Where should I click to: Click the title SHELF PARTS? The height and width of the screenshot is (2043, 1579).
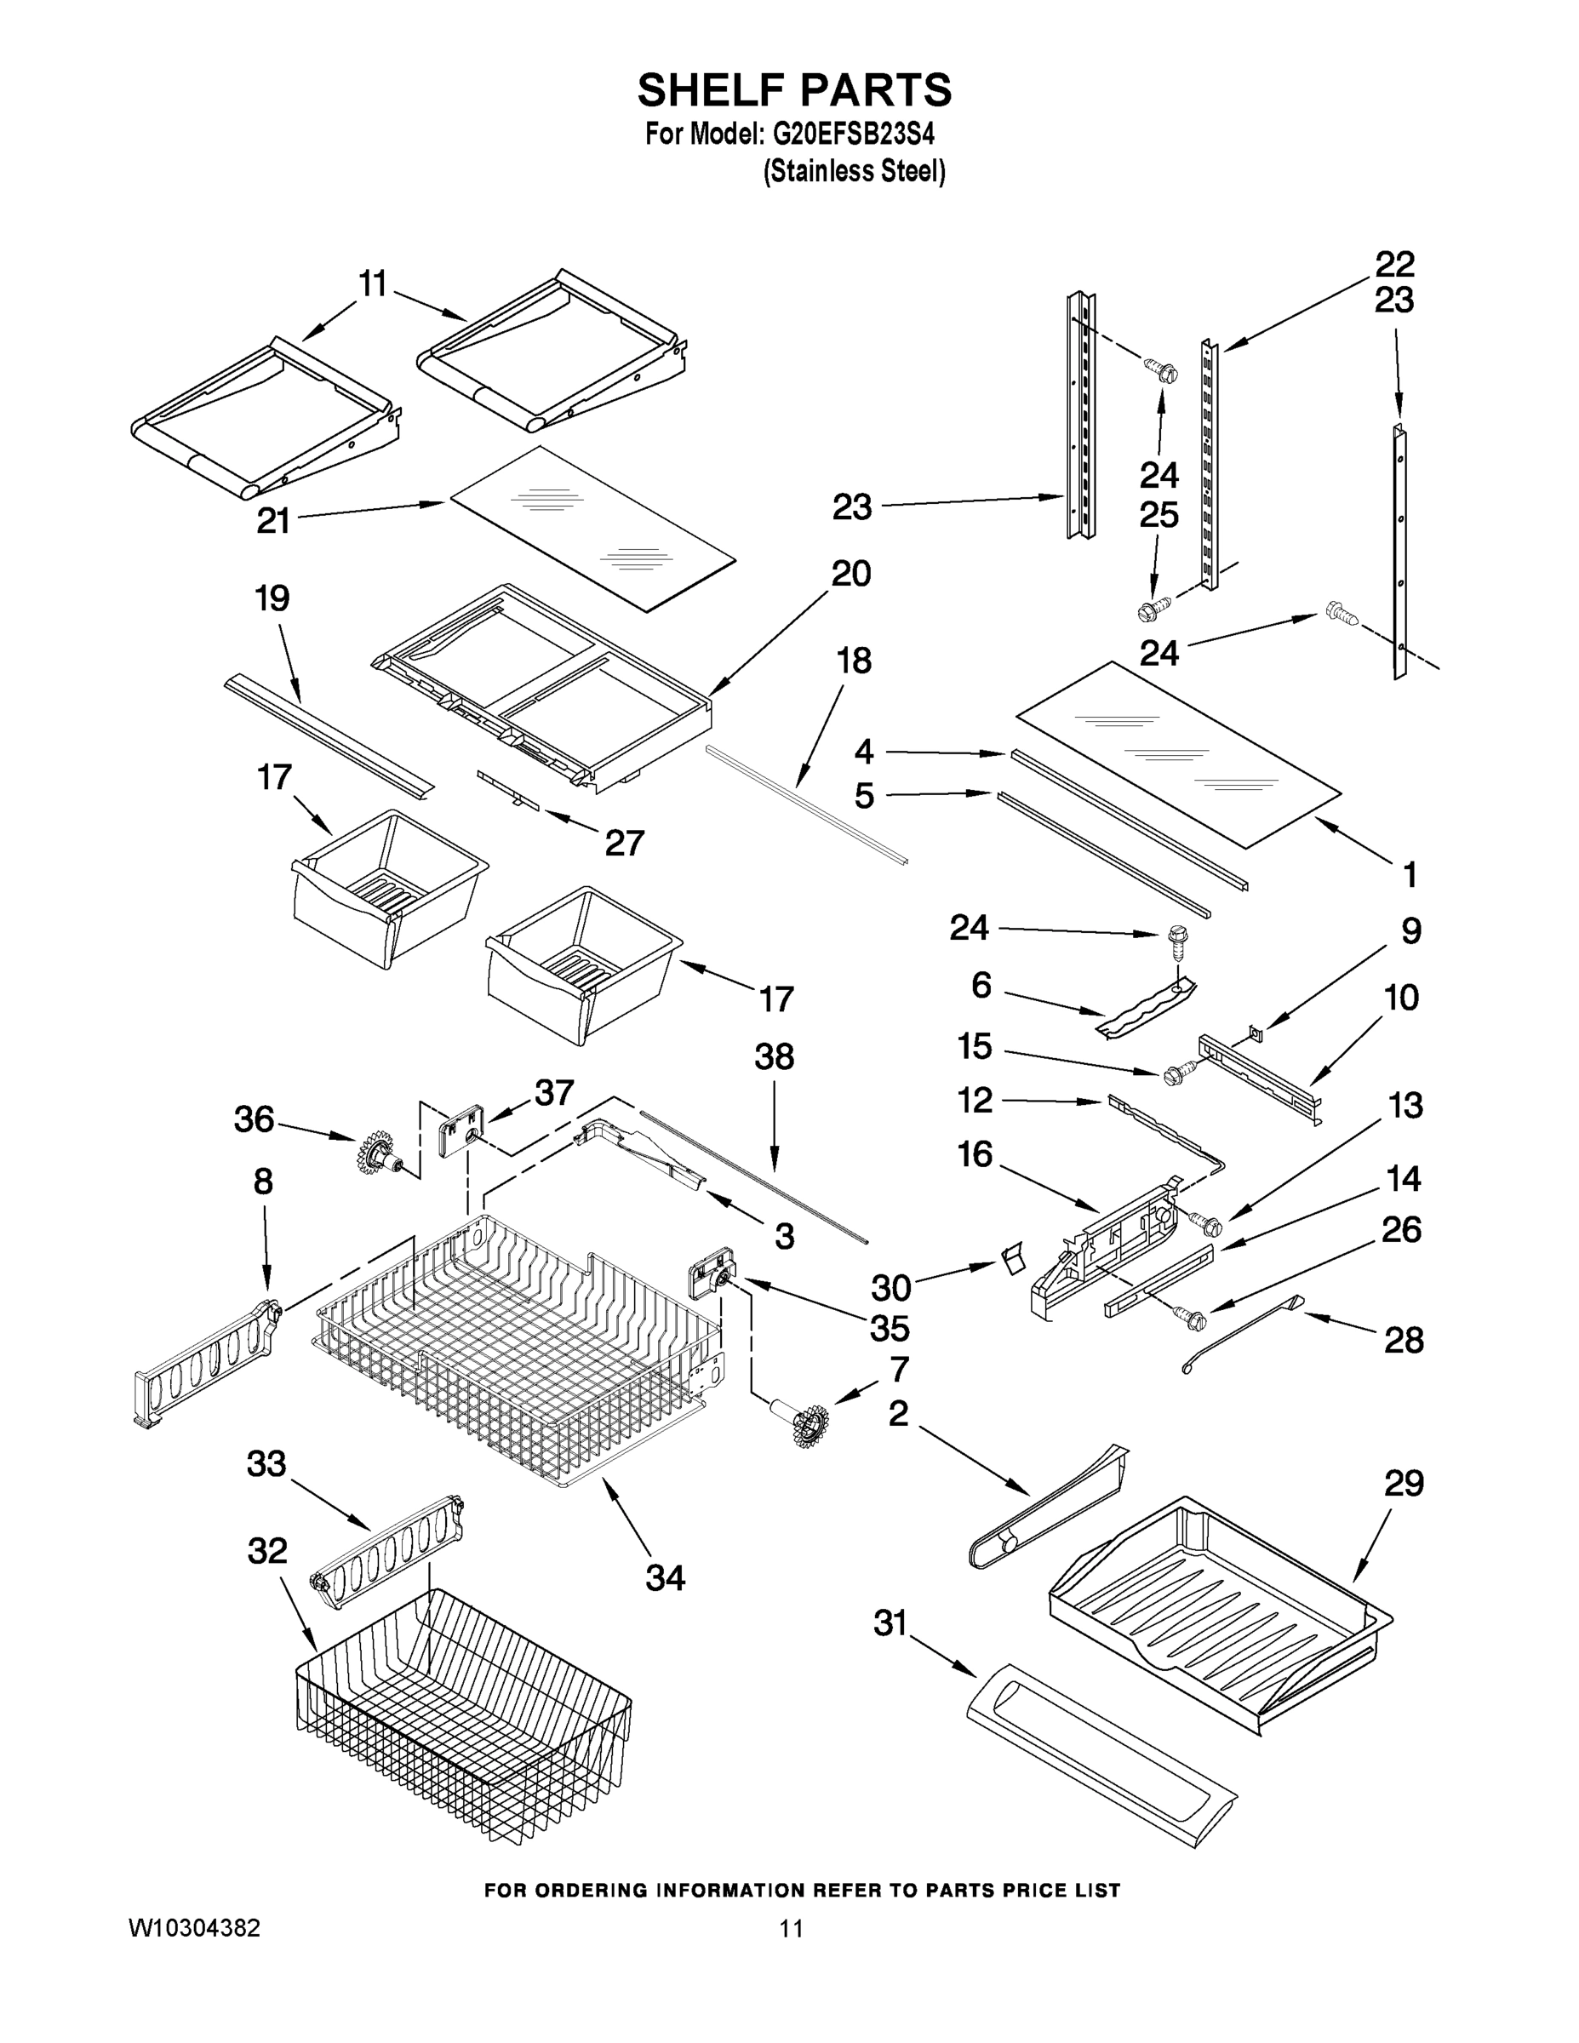tap(794, 91)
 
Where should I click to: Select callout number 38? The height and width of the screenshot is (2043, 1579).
tap(774, 1058)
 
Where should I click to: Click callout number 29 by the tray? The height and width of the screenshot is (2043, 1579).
tap(1403, 1483)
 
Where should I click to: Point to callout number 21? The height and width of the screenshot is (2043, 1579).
tap(273, 520)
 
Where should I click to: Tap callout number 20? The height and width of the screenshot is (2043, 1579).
tap(850, 574)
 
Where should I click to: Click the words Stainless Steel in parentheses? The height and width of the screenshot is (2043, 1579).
tap(854, 171)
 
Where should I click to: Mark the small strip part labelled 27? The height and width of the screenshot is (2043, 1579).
tap(510, 787)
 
